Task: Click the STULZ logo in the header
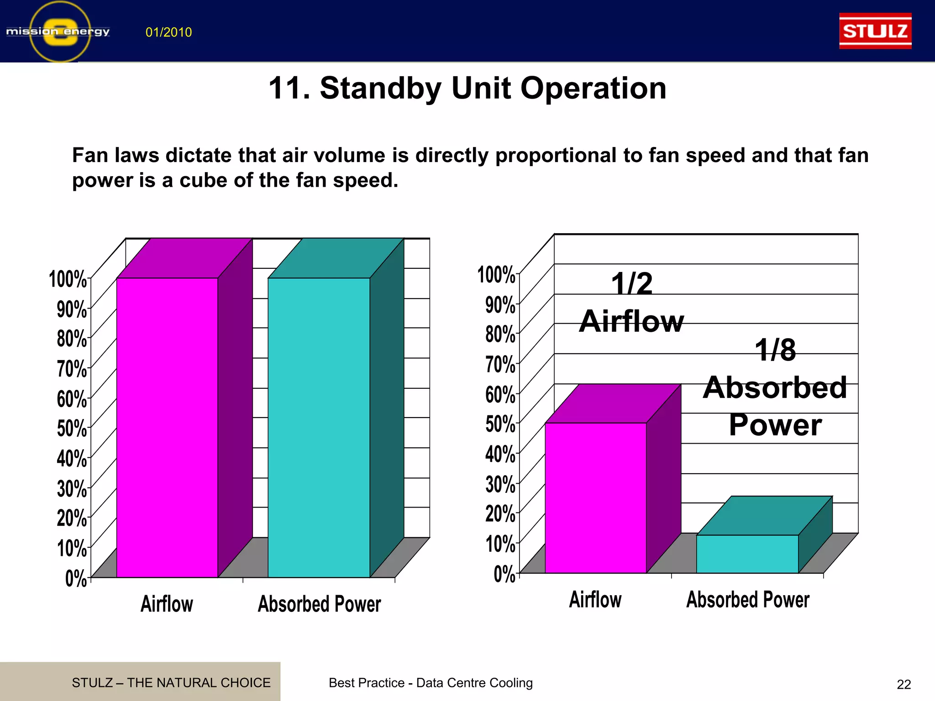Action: coord(875,31)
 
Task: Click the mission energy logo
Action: coord(58,31)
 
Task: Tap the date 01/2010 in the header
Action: coord(168,32)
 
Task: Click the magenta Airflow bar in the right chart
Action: coord(595,497)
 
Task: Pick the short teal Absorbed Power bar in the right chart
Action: coord(747,554)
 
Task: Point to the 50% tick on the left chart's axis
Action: coord(72,428)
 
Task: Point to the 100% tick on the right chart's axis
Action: coord(497,275)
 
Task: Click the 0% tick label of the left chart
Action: coord(76,578)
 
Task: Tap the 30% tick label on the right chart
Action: coord(500,484)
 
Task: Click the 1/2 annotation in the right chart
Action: coord(632,284)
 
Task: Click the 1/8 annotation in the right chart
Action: coord(775,350)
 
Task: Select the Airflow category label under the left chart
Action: coord(167,604)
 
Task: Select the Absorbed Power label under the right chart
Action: coord(748,600)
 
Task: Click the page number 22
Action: coord(903,684)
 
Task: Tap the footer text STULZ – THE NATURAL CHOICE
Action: coord(171,683)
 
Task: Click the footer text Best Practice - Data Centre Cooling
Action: coord(431,683)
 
